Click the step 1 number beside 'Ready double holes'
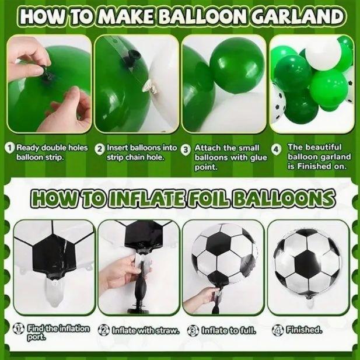click(x=11, y=148)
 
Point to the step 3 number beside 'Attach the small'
click(x=186, y=149)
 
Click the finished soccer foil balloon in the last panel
click(x=307, y=264)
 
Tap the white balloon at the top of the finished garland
click(x=321, y=53)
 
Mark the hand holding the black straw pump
click(x=120, y=272)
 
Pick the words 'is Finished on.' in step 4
click(x=317, y=166)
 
